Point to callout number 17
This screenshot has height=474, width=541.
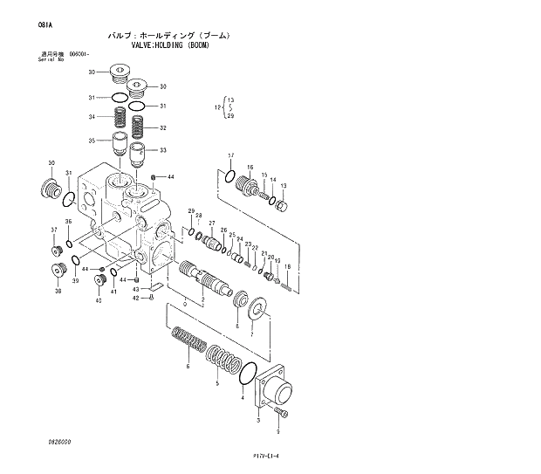[x=230, y=155]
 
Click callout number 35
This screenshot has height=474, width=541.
[x=91, y=140]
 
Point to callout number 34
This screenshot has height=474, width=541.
[x=91, y=117]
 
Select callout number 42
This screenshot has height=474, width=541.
[x=135, y=299]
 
